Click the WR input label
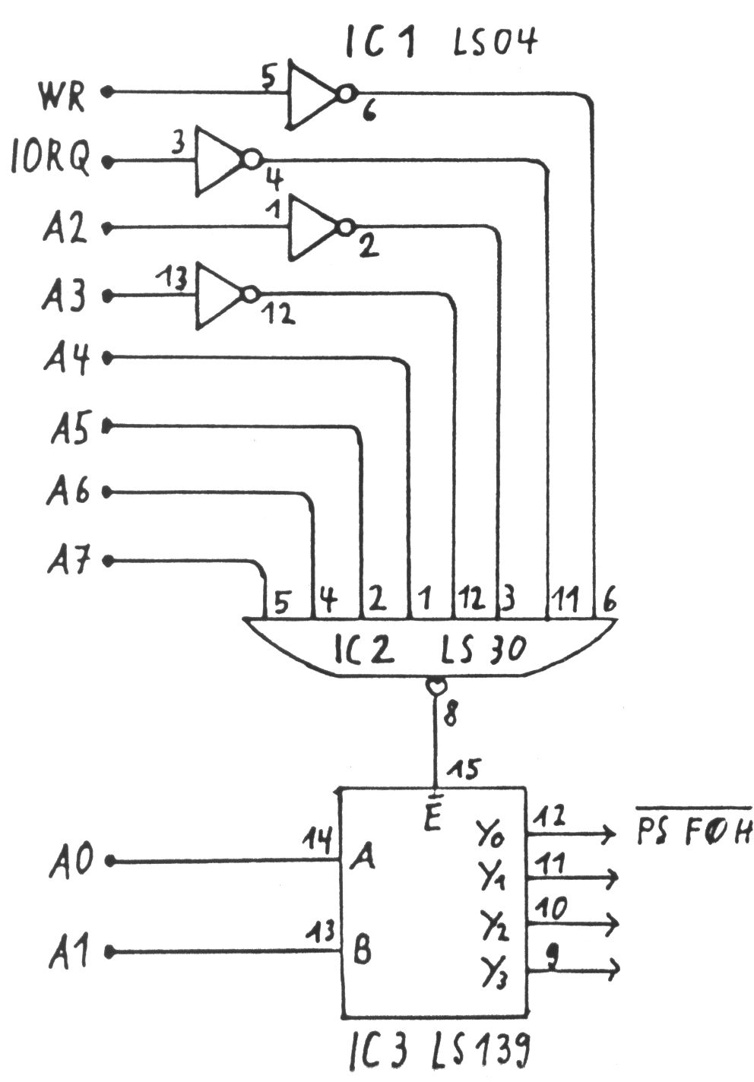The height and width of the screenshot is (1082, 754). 62,96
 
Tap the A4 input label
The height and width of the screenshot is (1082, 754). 65,358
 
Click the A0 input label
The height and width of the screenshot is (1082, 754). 71,861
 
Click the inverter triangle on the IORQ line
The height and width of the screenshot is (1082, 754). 218,160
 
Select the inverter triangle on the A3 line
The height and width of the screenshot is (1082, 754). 218,295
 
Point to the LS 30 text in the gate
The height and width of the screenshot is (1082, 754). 483,650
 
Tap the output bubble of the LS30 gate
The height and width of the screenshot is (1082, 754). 435,687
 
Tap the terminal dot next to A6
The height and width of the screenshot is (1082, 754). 107,493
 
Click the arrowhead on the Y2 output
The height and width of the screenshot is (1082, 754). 612,925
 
